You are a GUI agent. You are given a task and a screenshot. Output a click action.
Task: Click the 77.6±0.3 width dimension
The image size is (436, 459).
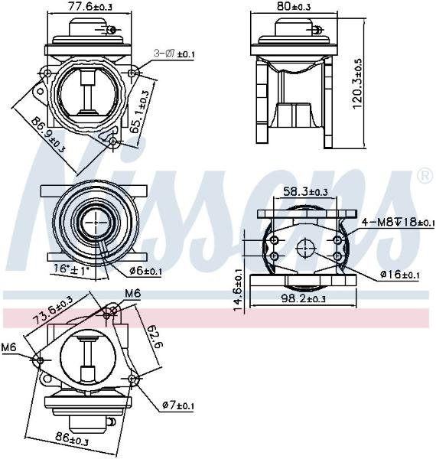pos(89,6)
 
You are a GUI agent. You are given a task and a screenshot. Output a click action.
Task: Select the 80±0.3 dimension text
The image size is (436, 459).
pos(294,6)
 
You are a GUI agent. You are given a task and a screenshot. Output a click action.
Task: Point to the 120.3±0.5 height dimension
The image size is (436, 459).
pos(357,83)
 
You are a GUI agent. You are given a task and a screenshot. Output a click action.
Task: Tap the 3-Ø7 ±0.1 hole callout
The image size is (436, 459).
pos(174,54)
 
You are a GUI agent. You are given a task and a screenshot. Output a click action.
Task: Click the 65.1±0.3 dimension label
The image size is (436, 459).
pos(139,111)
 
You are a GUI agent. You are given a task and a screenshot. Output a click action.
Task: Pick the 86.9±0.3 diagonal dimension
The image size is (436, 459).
pos(48,135)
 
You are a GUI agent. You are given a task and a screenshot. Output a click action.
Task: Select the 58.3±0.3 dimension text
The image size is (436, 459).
pos(305,192)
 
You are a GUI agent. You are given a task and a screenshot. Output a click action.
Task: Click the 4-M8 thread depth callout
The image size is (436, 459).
pos(398,222)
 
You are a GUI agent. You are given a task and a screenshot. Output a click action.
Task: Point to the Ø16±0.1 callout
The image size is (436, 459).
pos(400,275)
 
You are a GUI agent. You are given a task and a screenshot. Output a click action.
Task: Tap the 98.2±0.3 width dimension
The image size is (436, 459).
pos(304,298)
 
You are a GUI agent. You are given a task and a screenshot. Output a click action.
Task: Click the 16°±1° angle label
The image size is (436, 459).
pos(71,269)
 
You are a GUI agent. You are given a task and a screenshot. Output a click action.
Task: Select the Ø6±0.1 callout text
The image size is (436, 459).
pos(145,271)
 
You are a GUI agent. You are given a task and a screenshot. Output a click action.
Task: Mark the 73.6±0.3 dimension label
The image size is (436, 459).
pos(53,310)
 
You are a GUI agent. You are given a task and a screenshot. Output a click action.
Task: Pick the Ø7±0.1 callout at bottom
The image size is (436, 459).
pos(178,405)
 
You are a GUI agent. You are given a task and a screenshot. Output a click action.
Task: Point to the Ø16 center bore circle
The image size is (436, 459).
pos(305,248)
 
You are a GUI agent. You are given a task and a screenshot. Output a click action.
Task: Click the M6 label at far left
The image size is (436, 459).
pos(8,347)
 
